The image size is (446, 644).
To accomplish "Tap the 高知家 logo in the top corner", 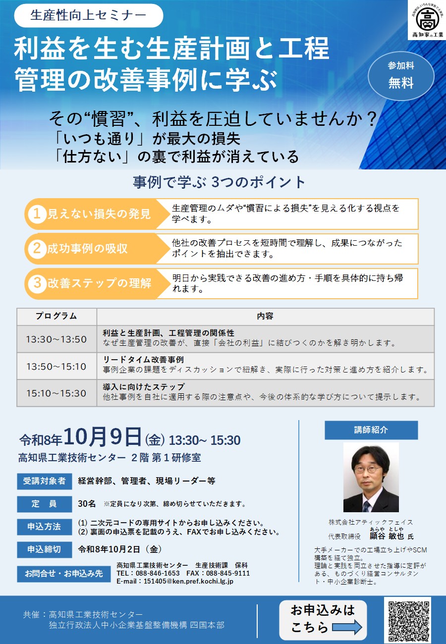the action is coord(427,20).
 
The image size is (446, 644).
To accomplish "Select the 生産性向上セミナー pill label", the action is coord(89,15).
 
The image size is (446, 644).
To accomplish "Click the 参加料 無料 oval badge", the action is coord(401,76).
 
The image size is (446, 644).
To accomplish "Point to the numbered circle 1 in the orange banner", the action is coord(37,214).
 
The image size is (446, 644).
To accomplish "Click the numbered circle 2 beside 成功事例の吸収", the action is coord(37,249).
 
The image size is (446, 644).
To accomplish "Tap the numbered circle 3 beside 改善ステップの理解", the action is coord(37,283).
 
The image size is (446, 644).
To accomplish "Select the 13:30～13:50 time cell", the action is coord(56,339).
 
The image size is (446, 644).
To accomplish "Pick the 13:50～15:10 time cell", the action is coord(56,366).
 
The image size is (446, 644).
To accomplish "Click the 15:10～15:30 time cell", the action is coord(56,393).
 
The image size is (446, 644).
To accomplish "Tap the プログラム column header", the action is coord(56,317).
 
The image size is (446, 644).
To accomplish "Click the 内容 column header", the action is coord(266,317).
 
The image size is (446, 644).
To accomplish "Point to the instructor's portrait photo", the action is coord(371,477).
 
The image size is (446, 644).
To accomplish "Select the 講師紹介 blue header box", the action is coord(371,430).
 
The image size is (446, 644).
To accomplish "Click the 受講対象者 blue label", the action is coord(44,481).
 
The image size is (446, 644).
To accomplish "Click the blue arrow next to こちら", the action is coord(347,627).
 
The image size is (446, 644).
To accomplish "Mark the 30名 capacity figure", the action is coord(87,504).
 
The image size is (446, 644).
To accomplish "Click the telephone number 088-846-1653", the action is coord(158,573).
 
